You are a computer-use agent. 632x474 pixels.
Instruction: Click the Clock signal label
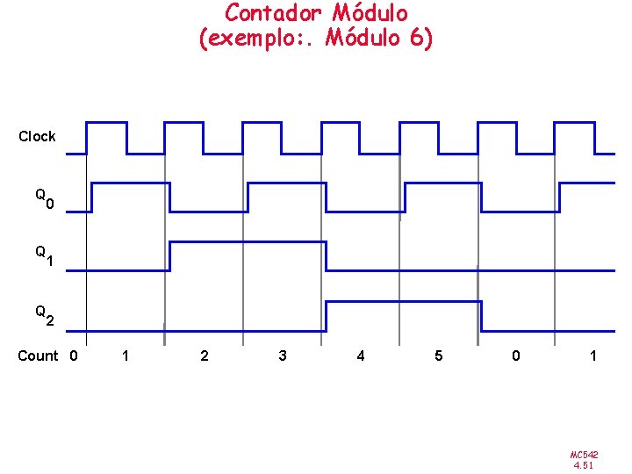point(37,136)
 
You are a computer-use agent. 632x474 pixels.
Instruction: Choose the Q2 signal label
point(45,315)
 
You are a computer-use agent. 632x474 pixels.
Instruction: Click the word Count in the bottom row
point(39,356)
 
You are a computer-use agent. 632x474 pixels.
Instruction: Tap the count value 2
point(205,356)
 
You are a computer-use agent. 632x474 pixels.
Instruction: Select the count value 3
point(282,356)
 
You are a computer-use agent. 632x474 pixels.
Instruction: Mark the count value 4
point(360,356)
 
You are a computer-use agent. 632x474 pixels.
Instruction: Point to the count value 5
point(439,356)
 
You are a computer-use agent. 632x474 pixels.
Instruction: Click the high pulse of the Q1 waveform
point(248,241)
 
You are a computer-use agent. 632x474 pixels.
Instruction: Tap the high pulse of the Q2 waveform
point(404,302)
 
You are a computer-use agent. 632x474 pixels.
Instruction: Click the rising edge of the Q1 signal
point(169,255)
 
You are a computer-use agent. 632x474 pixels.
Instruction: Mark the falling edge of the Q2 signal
point(482,316)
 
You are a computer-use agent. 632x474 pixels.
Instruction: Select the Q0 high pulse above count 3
point(287,183)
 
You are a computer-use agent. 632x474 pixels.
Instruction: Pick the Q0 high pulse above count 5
point(442,183)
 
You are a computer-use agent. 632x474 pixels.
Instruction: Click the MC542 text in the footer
point(584,455)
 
